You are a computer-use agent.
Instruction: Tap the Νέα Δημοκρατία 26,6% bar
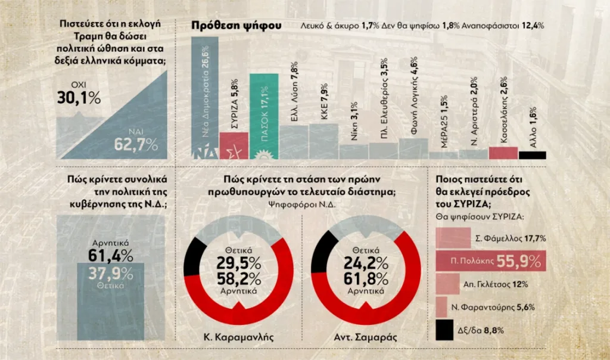[204, 95]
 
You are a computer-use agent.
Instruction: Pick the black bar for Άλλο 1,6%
[532, 155]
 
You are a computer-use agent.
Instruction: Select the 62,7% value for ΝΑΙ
[136, 144]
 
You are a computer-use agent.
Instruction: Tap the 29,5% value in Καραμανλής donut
[238, 263]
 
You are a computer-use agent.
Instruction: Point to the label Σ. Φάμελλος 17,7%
[511, 238]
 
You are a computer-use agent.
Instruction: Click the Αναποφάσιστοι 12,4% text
[510, 26]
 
